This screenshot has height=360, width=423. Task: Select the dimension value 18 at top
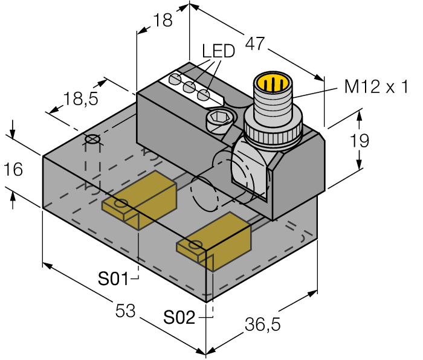click(163, 20)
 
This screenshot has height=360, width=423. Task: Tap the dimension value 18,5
click(81, 99)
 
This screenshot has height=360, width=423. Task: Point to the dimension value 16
click(13, 170)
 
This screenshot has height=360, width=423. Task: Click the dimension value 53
click(126, 311)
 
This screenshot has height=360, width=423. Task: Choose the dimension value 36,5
click(263, 324)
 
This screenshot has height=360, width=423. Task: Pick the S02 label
click(179, 317)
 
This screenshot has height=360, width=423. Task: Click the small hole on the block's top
click(92, 140)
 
